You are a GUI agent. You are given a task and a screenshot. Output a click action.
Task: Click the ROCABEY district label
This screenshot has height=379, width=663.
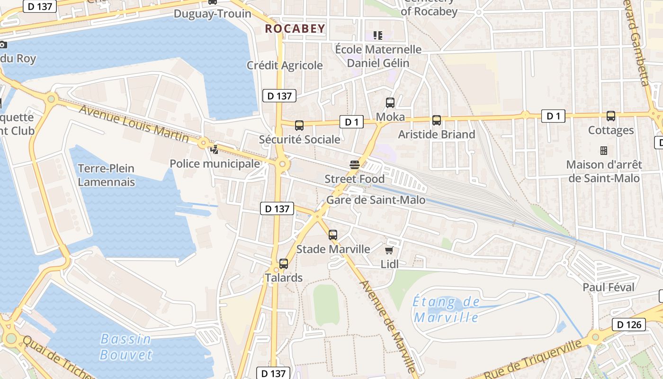coord(295,28)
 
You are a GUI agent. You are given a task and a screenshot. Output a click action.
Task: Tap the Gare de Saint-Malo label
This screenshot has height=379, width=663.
coord(376,200)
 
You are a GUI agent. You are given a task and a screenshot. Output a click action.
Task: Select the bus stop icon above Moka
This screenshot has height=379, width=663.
coord(390,102)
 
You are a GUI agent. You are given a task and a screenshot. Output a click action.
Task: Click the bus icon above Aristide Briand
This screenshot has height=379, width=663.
coord(437,120)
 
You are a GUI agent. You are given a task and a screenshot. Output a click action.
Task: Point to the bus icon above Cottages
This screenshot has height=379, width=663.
coord(611,116)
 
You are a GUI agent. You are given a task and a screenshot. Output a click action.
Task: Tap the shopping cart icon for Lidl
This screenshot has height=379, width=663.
coord(389,250)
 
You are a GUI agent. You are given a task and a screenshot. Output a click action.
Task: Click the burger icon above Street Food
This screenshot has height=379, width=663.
coord(355,165)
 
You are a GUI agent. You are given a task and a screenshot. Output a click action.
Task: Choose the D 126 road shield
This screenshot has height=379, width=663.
coord(629,325)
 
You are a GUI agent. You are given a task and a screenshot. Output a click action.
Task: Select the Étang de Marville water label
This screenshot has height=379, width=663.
coord(446,309)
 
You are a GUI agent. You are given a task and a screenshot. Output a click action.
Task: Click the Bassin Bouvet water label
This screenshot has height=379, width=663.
coord(126,346)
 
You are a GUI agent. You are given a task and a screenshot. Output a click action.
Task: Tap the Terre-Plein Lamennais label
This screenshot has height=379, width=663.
coord(106,175)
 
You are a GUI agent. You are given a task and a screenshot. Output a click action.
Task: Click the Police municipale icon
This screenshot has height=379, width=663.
coord(215,150)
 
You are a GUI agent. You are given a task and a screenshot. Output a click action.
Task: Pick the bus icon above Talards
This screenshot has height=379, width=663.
coord(284,264)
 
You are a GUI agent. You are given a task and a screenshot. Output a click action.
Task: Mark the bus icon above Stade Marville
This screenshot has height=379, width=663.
coord(333,235)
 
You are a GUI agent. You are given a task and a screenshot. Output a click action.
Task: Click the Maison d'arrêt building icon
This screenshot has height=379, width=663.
coord(604,151)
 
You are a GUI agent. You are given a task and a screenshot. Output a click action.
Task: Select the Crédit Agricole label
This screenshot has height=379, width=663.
coord(285,65)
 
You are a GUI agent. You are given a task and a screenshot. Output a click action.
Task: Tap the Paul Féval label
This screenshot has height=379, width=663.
coord(609,287)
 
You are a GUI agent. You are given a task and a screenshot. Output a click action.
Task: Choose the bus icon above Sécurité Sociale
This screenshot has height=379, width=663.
coord(299,126)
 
